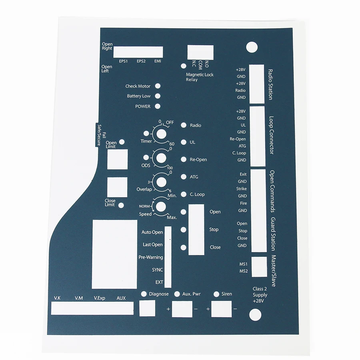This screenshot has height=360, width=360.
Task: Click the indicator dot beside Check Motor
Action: [x=158, y=86]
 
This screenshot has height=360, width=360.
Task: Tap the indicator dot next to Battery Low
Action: [x=158, y=96]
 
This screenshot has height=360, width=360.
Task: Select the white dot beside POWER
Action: [x=158, y=106]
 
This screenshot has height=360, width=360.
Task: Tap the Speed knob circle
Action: [x=161, y=207]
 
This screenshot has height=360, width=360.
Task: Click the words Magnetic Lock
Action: [x=200, y=75]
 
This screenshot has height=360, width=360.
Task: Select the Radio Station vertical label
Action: [x=271, y=84]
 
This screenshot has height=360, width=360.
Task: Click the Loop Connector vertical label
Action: [x=271, y=135]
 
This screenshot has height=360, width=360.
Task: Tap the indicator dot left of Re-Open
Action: [x=184, y=160]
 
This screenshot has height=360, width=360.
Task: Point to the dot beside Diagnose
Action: [x=144, y=294]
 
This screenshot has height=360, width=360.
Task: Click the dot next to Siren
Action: [x=216, y=294]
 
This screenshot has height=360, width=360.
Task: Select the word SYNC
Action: [x=157, y=270]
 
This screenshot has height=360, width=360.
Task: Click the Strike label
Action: [x=241, y=189]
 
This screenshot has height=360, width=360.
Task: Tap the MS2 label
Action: [x=243, y=271]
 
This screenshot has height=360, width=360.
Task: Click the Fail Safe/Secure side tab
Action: [x=98, y=135]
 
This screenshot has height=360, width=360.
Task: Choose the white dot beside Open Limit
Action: [x=122, y=142]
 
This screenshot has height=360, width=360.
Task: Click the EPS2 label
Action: [x=141, y=61]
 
